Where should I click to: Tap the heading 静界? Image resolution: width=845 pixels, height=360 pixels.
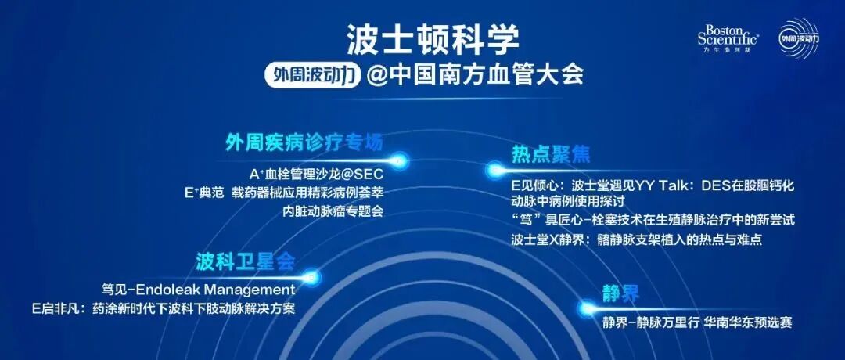tap(620, 293)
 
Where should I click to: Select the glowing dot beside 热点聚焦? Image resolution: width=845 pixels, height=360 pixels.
tap(494, 169)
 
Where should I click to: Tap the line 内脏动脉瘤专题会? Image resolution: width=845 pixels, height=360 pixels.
tap(333, 211)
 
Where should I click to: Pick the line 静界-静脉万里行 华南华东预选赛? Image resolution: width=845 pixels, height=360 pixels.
tap(697, 322)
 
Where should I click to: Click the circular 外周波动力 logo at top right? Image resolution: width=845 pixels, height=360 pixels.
tap(798, 38)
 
